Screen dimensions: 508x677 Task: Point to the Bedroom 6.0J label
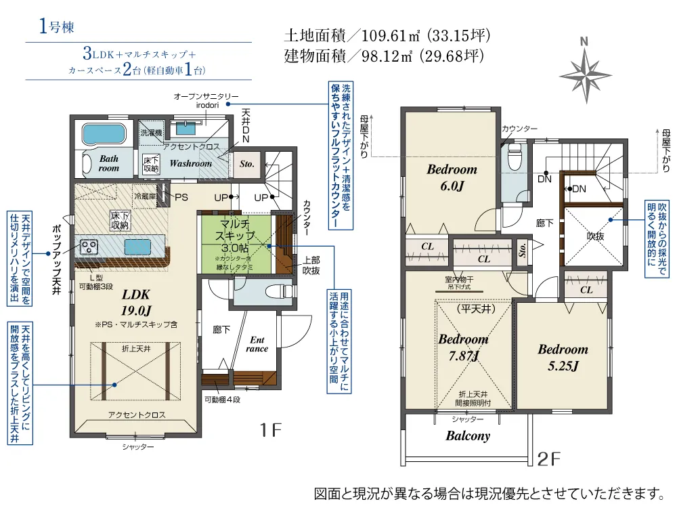[452, 177]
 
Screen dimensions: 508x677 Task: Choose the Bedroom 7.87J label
[463, 347]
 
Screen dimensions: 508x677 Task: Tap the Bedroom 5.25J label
[563, 358]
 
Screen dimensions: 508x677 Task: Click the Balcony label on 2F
[467, 436]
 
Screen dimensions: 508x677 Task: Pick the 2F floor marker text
[550, 459]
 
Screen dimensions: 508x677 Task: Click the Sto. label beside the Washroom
[246, 163]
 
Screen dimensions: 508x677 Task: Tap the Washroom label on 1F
[190, 163]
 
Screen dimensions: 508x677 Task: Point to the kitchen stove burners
[89, 245]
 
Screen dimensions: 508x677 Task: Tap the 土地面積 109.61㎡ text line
[386, 35]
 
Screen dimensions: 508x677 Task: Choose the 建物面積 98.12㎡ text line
[386, 56]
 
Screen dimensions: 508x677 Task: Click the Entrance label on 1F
[257, 344]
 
